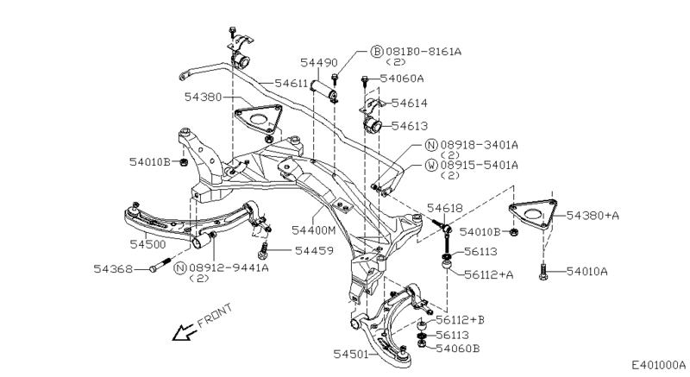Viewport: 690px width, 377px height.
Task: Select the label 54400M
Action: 315,229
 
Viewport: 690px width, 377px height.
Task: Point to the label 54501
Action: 351,354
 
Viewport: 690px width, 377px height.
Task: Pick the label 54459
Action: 313,251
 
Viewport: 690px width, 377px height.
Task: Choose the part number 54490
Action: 318,63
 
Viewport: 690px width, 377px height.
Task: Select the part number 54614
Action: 409,103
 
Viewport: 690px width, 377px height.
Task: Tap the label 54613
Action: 409,126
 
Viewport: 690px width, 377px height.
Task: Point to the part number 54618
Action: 445,208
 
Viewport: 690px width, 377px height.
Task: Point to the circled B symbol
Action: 376,52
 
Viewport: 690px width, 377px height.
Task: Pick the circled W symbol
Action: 430,164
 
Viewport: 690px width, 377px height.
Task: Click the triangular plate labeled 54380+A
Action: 531,212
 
